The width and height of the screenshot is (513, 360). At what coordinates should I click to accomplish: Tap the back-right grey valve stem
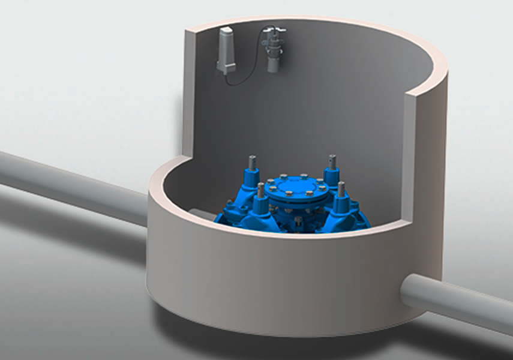point(331,163)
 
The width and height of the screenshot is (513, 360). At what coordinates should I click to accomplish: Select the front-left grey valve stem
point(260,191)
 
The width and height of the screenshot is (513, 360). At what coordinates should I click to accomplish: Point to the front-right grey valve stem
point(341,189)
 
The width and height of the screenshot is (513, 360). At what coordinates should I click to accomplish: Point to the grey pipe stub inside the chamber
point(201,214)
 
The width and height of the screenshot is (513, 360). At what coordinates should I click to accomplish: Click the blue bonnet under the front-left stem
point(260,208)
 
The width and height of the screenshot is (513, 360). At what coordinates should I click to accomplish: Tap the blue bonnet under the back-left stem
point(251,178)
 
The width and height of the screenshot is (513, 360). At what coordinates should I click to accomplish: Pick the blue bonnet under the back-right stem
point(331,177)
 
